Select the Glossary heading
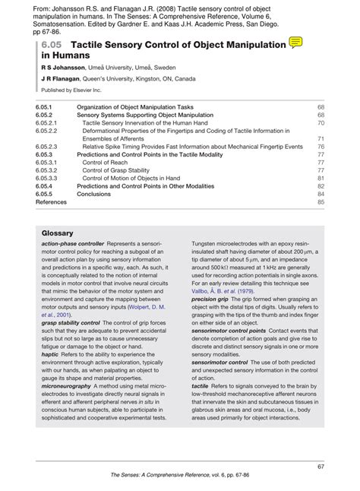pyautogui.click(x=57, y=233)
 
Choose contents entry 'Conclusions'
pyautogui.click(x=94, y=194)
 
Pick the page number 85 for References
pyautogui.click(x=321, y=202)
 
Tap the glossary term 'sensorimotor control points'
pyautogui.click(x=229, y=332)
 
